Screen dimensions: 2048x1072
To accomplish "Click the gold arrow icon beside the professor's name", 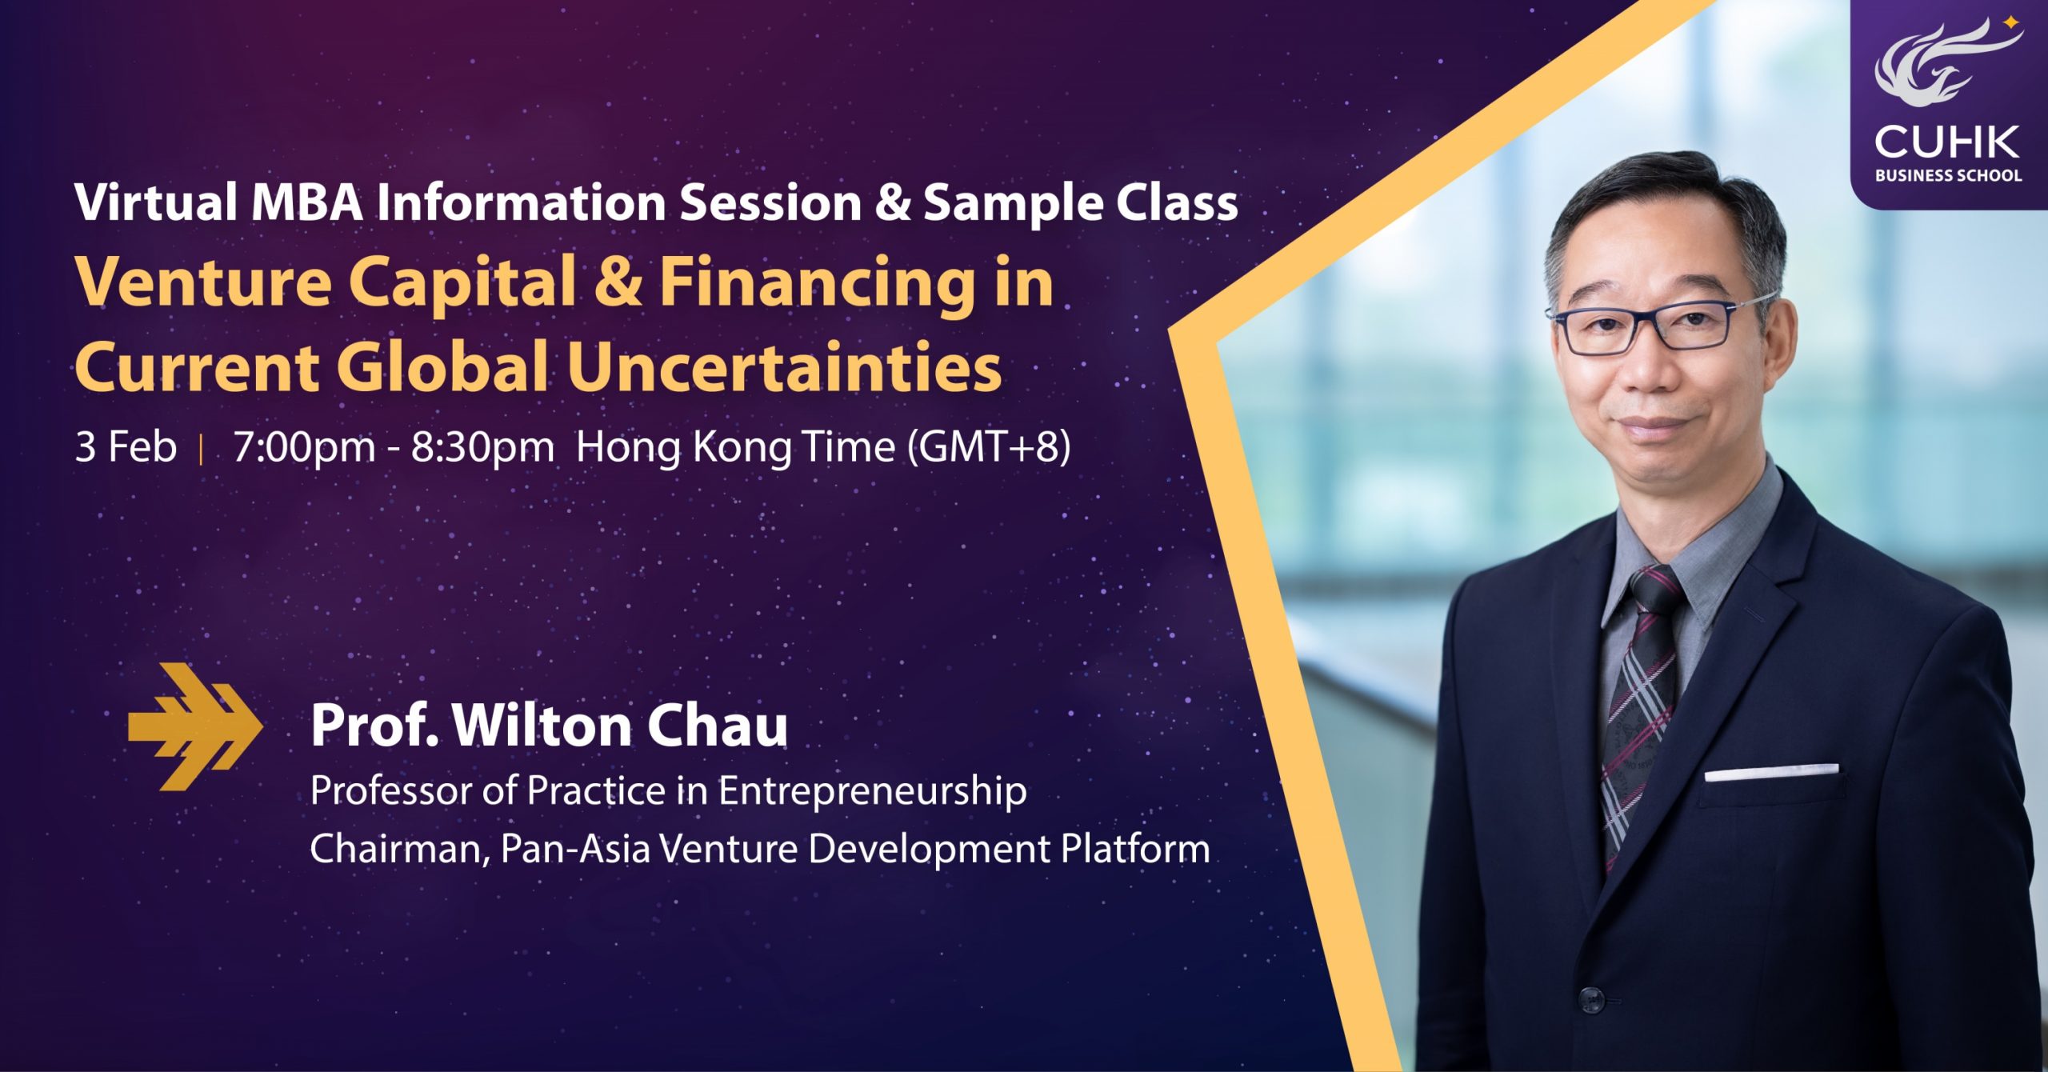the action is tap(195, 726).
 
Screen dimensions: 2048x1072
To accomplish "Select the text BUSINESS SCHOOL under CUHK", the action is tap(1948, 175).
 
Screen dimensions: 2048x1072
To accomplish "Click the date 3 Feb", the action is tap(126, 446).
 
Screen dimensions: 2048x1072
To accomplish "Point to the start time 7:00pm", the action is tap(304, 447).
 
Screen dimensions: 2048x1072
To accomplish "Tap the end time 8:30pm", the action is tap(482, 447).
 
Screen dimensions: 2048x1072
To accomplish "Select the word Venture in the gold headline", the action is tap(203, 283).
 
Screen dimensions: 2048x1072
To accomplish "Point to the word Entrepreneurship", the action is tap(872, 792).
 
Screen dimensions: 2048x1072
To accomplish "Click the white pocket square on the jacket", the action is tap(1771, 772).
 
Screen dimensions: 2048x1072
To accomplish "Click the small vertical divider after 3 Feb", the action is tap(201, 448).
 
